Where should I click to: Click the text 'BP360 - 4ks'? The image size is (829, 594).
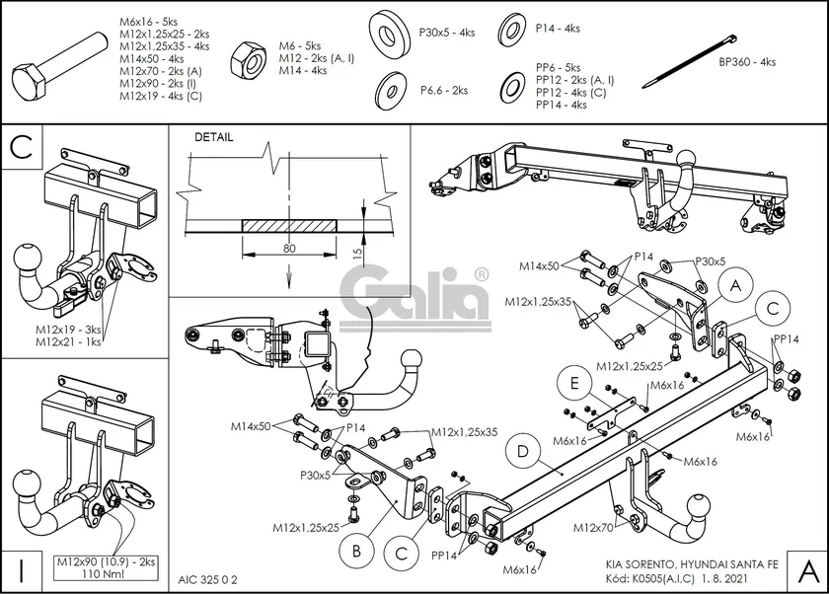(x=746, y=61)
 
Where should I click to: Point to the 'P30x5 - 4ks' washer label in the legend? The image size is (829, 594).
(x=447, y=32)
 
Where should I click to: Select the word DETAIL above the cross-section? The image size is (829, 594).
(x=213, y=137)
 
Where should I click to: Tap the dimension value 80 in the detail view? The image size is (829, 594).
(x=288, y=248)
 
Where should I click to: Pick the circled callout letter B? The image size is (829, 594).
(x=355, y=548)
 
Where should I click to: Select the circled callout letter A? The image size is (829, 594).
(x=732, y=286)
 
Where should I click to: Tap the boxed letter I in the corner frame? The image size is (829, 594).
(x=20, y=570)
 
